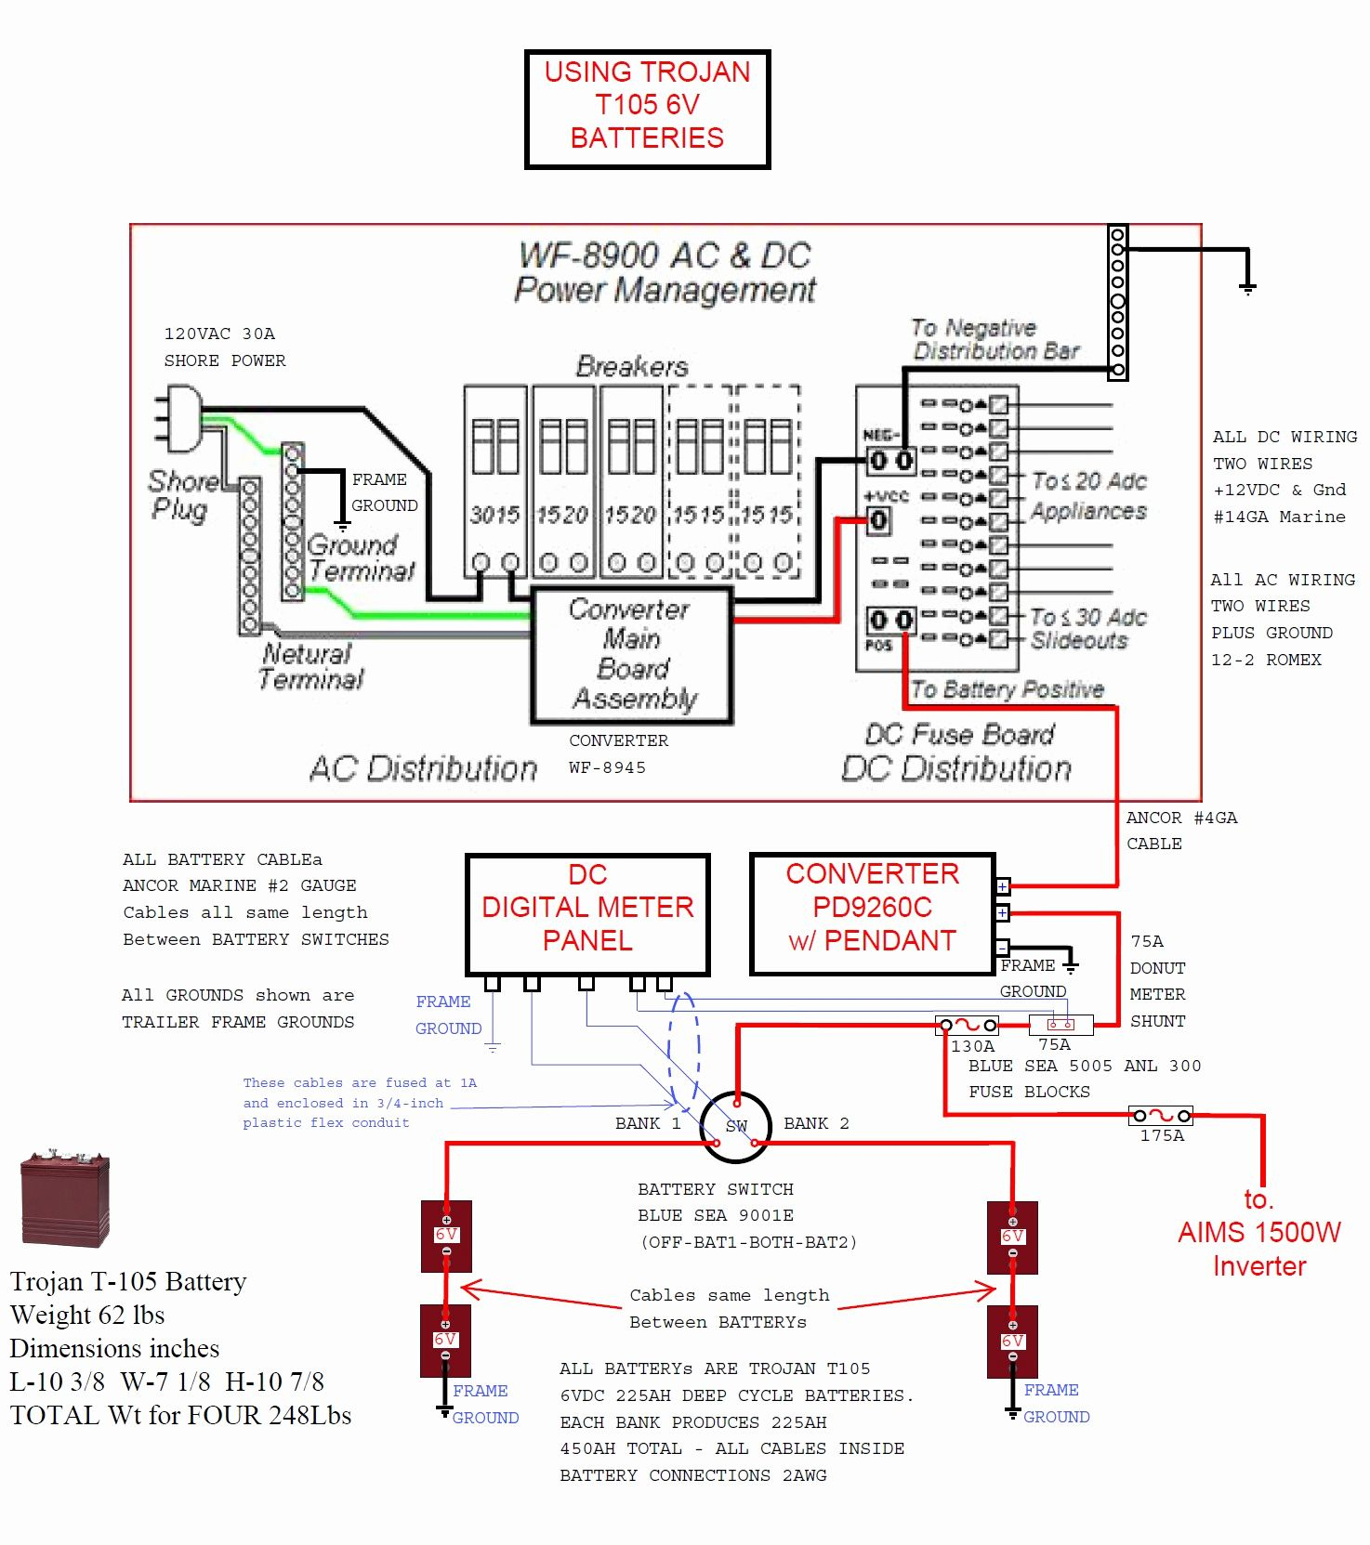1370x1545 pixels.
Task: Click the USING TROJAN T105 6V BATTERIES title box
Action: pos(647,109)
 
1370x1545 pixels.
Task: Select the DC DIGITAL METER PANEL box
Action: pos(587,914)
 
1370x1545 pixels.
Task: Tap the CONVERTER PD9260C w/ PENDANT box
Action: pos(872,914)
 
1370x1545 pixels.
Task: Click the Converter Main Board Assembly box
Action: pos(632,655)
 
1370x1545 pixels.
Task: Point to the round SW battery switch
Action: pos(735,1127)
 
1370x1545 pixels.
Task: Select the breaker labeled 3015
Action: pos(495,483)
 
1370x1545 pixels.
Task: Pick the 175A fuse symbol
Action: pos(1161,1116)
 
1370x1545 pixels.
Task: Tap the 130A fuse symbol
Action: pos(968,1026)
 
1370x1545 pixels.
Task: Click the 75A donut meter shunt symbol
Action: pos(1060,1025)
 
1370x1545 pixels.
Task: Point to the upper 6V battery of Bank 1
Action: pos(446,1236)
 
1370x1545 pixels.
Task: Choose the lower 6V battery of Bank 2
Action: pos(1012,1342)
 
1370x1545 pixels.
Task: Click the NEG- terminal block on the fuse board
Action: pos(890,460)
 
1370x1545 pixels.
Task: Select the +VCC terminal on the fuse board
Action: pos(878,520)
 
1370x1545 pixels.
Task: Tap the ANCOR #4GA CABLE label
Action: pos(1180,831)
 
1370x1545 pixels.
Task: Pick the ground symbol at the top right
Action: pos(1247,287)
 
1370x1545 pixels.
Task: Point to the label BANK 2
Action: pos(816,1123)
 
